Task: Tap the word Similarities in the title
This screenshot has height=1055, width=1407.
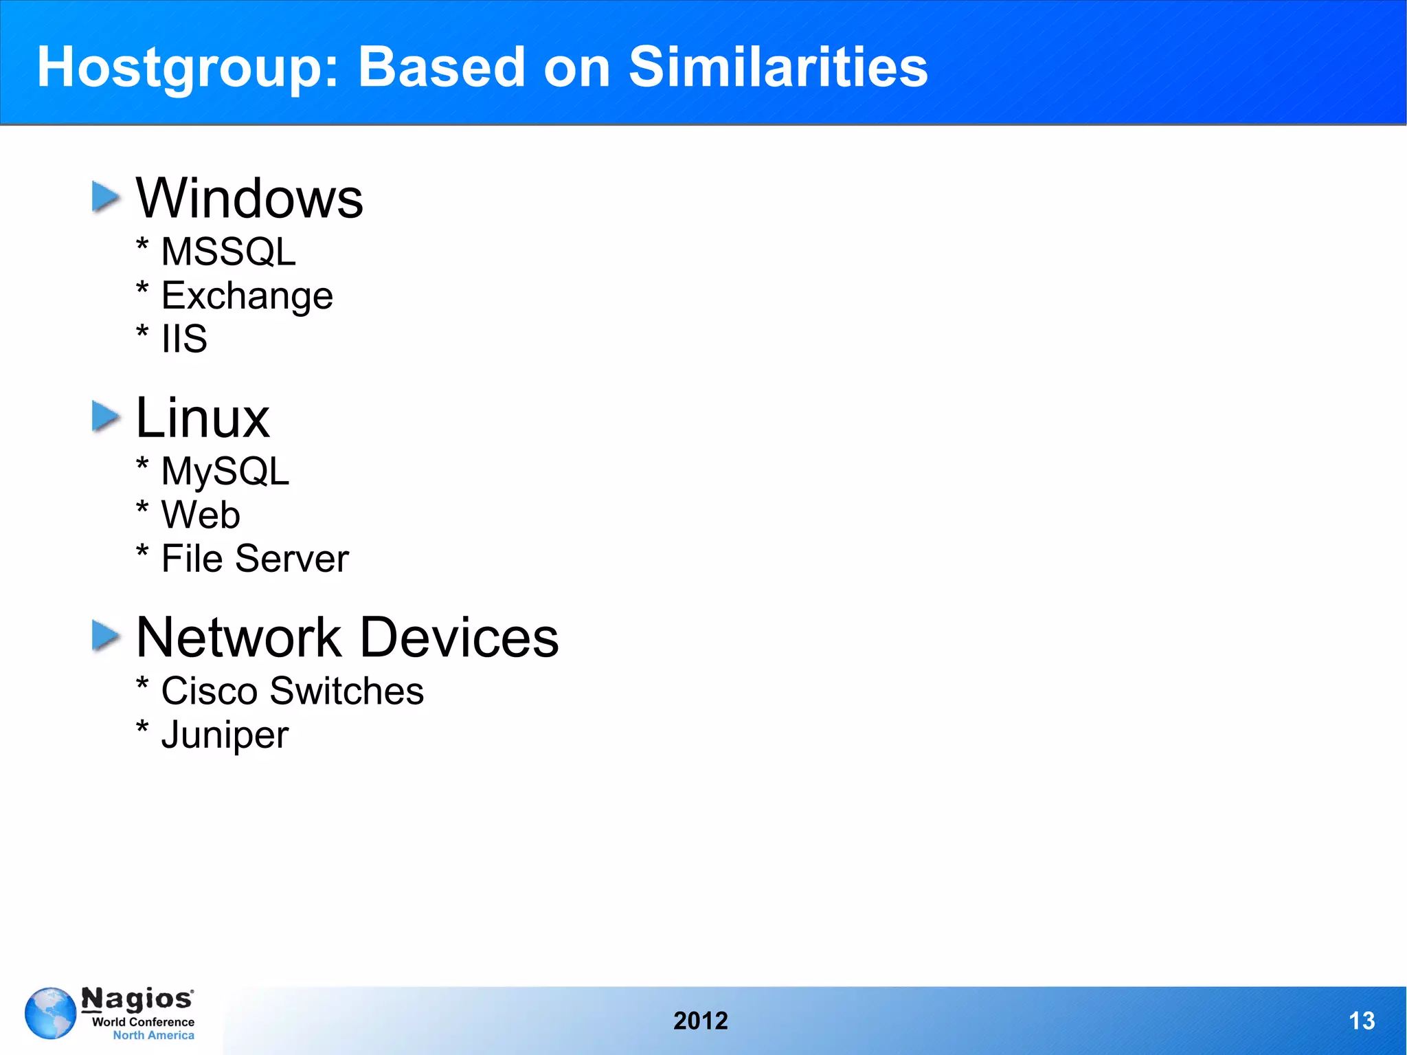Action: click(778, 67)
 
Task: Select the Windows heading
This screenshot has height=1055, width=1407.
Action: click(249, 199)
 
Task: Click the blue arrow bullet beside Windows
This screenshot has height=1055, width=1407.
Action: click(106, 197)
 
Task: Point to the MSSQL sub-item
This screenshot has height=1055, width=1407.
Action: click(228, 252)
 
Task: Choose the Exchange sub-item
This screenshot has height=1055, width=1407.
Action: click(247, 296)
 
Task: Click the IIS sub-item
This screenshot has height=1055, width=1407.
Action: click(184, 339)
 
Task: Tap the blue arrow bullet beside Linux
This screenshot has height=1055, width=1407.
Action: click(106, 417)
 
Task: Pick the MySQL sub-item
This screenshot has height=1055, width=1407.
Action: click(225, 471)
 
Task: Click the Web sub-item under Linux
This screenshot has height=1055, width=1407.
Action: click(200, 515)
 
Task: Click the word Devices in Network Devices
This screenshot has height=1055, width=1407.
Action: click(459, 637)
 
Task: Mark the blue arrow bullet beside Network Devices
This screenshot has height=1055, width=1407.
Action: click(106, 636)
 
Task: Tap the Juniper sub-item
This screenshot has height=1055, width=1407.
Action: click(225, 735)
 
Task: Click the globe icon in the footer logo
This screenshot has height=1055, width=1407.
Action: click(50, 1013)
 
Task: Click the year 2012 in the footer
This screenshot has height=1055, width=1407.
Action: click(700, 1021)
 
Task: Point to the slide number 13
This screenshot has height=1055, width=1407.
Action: click(1362, 1021)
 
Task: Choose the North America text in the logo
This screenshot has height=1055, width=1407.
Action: click(153, 1035)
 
